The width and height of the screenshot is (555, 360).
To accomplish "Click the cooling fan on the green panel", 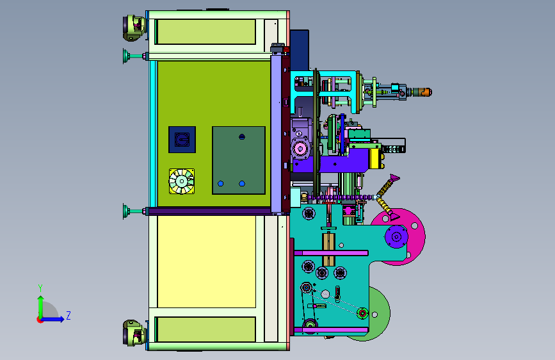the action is point(182,181).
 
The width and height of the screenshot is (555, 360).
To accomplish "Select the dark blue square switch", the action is point(182,140).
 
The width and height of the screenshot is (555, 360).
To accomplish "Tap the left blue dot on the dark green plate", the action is point(220,184).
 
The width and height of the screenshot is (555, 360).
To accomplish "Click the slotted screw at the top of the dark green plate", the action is point(242,137).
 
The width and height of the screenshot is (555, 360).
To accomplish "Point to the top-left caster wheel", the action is point(133,28).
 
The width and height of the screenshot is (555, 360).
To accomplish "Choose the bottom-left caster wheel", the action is point(133,332).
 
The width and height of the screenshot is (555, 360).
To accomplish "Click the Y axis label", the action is point(40,288).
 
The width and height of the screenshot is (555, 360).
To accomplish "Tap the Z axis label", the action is point(68,315).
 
